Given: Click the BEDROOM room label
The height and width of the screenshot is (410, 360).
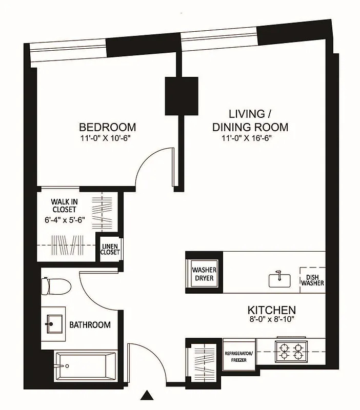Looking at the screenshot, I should click(x=107, y=127).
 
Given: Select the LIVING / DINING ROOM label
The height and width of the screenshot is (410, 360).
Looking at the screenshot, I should click(x=250, y=120).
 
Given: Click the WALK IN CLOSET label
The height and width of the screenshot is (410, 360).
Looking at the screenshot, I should click(x=64, y=205).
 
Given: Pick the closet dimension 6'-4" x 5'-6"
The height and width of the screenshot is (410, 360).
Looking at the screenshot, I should click(x=64, y=219).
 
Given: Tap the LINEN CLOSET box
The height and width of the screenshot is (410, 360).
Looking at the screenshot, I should click(x=111, y=249).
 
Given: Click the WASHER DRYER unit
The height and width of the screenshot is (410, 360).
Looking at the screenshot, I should click(x=204, y=274).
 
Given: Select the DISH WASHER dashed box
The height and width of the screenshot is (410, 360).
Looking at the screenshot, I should click(x=312, y=280).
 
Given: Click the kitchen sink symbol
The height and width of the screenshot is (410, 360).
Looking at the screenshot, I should click(x=279, y=279).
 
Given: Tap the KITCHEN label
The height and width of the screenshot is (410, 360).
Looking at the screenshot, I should click(x=272, y=310).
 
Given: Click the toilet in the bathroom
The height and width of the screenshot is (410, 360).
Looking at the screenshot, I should click(x=52, y=285).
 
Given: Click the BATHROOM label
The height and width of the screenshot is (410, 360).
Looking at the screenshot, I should click(x=90, y=325).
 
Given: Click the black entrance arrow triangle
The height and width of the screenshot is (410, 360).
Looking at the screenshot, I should click(x=148, y=395).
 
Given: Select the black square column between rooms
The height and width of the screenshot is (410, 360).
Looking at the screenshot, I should click(x=181, y=96).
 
